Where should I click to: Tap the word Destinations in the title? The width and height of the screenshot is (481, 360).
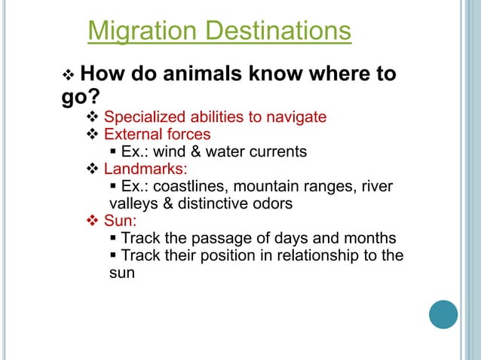coord(281,32)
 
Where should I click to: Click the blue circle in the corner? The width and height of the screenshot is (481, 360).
coord(444,313)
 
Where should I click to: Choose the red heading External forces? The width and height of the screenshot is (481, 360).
coord(157,135)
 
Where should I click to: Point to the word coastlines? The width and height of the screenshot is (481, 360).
coord(186,186)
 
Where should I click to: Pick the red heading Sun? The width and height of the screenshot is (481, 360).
coord(120,221)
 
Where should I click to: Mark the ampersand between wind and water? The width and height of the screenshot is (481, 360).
coord(197,152)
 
